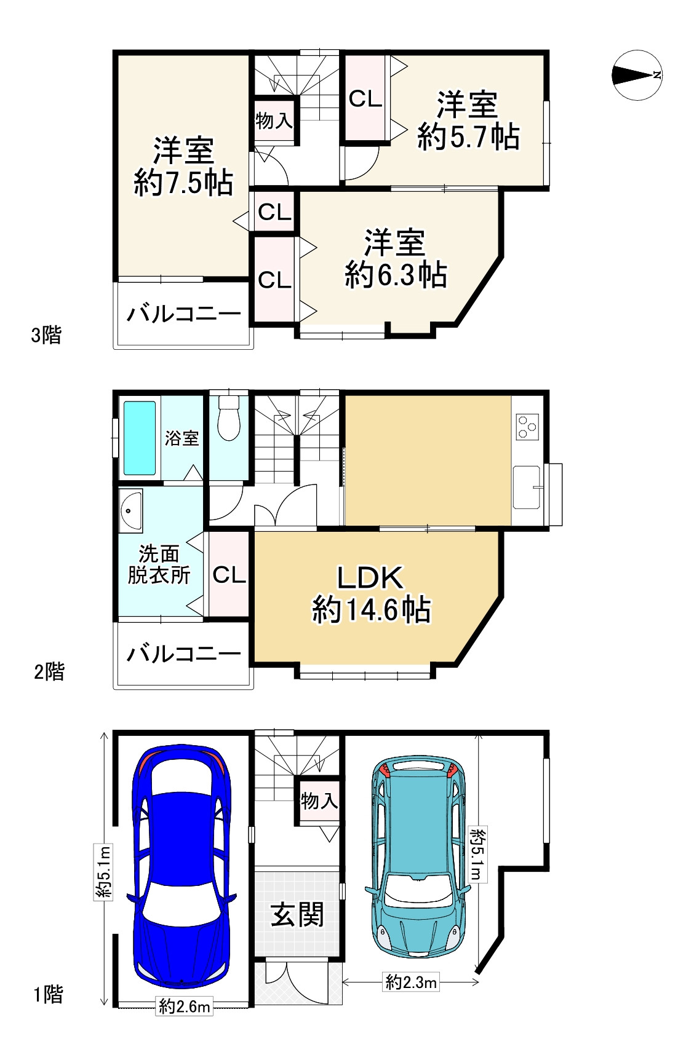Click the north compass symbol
coord(637,75)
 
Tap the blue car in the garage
coord(182,867)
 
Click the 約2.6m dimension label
coord(185,1007)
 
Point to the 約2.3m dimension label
coord(411,982)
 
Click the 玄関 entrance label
coord(297,915)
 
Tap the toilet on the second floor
coord(228,419)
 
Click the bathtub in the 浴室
coord(140,438)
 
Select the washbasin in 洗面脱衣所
coord(130,511)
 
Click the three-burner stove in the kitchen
coord(528,426)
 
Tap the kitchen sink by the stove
coord(527,487)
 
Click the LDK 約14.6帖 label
coord(371,594)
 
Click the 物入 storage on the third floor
coord(274,121)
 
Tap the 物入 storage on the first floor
coord(319,800)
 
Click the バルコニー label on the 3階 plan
coord(183,314)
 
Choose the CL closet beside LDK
coord(229,575)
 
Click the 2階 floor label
coord(49,671)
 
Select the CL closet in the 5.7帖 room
coord(365,98)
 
